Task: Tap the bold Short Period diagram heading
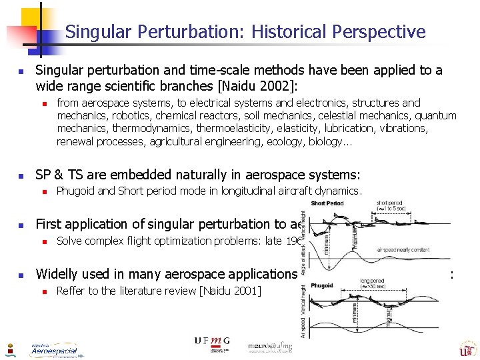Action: (328, 203)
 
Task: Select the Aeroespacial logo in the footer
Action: (54, 349)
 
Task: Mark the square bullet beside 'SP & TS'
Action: (21, 176)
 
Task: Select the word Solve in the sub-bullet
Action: (71, 241)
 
